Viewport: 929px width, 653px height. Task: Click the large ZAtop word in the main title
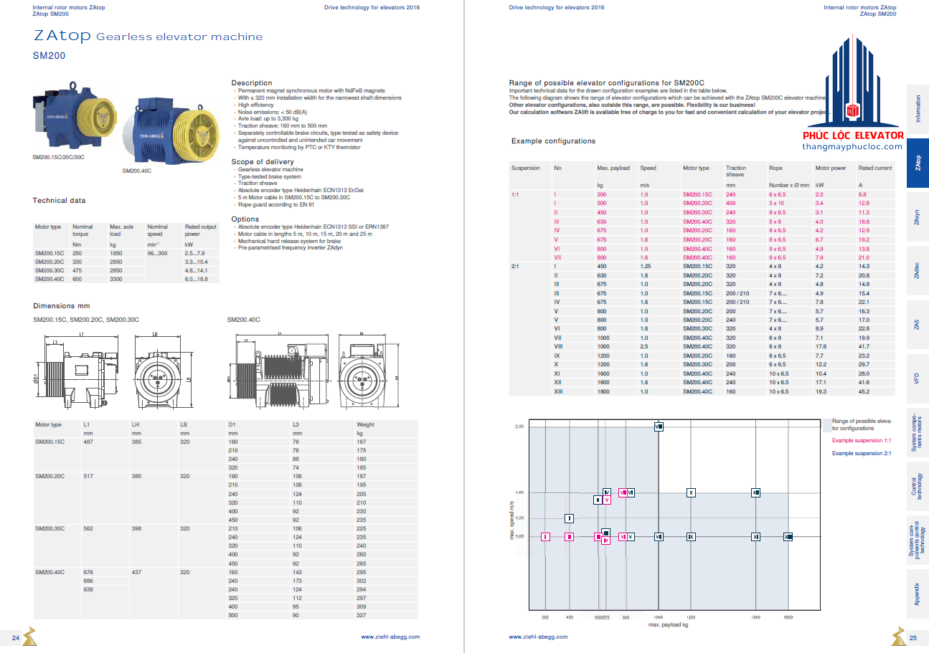point(62,37)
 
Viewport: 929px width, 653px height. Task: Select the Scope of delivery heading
point(262,162)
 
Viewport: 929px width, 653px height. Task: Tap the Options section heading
point(245,219)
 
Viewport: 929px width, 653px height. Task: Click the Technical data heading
point(59,201)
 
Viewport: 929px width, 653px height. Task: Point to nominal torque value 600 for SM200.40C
point(77,279)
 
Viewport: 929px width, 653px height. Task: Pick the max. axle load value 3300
point(116,279)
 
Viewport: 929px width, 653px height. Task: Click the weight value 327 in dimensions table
point(362,615)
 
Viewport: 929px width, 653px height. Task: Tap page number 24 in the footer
point(15,637)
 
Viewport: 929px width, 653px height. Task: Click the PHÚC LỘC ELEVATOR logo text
point(852,135)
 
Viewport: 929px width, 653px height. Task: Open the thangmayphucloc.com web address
point(852,147)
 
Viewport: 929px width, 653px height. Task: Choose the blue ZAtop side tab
point(918,163)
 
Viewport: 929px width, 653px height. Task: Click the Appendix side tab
point(918,593)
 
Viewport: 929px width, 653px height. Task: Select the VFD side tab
point(918,378)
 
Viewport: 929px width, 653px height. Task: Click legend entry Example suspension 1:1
point(861,441)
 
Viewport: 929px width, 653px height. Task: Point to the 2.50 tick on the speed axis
point(519,426)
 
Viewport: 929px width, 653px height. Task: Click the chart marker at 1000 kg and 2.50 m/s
point(659,426)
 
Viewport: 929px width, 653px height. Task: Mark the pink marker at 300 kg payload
point(545,536)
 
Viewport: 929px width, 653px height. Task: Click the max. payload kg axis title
point(668,625)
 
